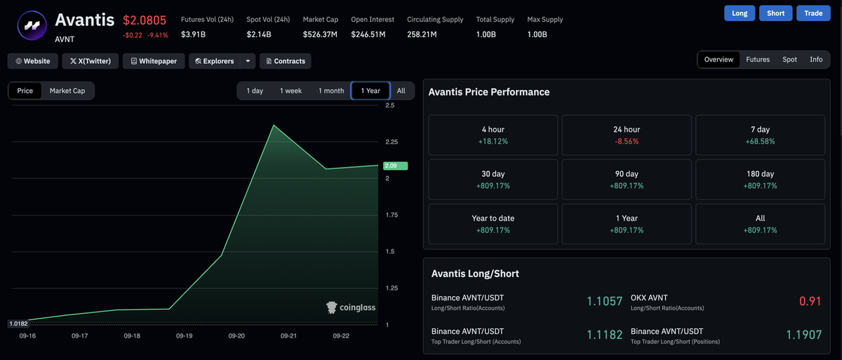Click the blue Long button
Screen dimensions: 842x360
coord(740,13)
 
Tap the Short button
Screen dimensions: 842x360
coord(775,13)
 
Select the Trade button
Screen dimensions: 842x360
coord(813,13)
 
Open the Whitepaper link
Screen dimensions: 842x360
coord(154,61)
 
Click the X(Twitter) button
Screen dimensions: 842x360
coord(91,61)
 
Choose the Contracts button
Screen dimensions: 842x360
coord(286,61)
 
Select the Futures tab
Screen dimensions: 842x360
coord(758,60)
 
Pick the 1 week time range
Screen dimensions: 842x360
coord(290,91)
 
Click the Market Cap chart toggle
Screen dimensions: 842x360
coord(67,91)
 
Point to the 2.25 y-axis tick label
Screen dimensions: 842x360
coord(392,142)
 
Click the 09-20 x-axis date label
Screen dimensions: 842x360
coord(236,335)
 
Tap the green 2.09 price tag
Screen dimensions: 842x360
coord(396,166)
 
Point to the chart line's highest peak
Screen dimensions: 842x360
coord(274,125)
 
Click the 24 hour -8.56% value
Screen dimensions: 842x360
coord(627,141)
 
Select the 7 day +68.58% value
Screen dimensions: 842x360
coord(760,141)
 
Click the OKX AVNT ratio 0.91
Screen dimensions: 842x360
coord(810,301)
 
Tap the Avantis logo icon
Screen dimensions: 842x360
coord(32,25)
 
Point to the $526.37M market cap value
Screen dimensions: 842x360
coord(320,34)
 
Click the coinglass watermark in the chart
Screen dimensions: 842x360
coord(351,307)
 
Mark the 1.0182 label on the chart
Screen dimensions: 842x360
coord(18,324)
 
